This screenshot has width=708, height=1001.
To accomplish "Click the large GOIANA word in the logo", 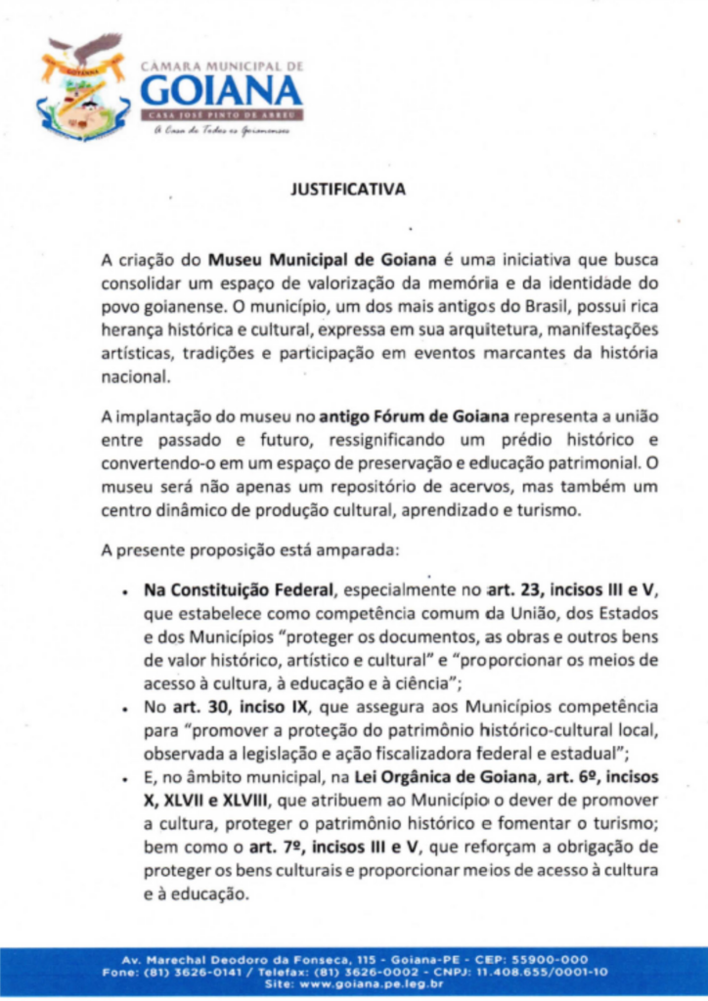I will [x=221, y=91].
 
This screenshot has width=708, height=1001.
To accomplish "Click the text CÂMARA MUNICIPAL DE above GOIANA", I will [x=223, y=65].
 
